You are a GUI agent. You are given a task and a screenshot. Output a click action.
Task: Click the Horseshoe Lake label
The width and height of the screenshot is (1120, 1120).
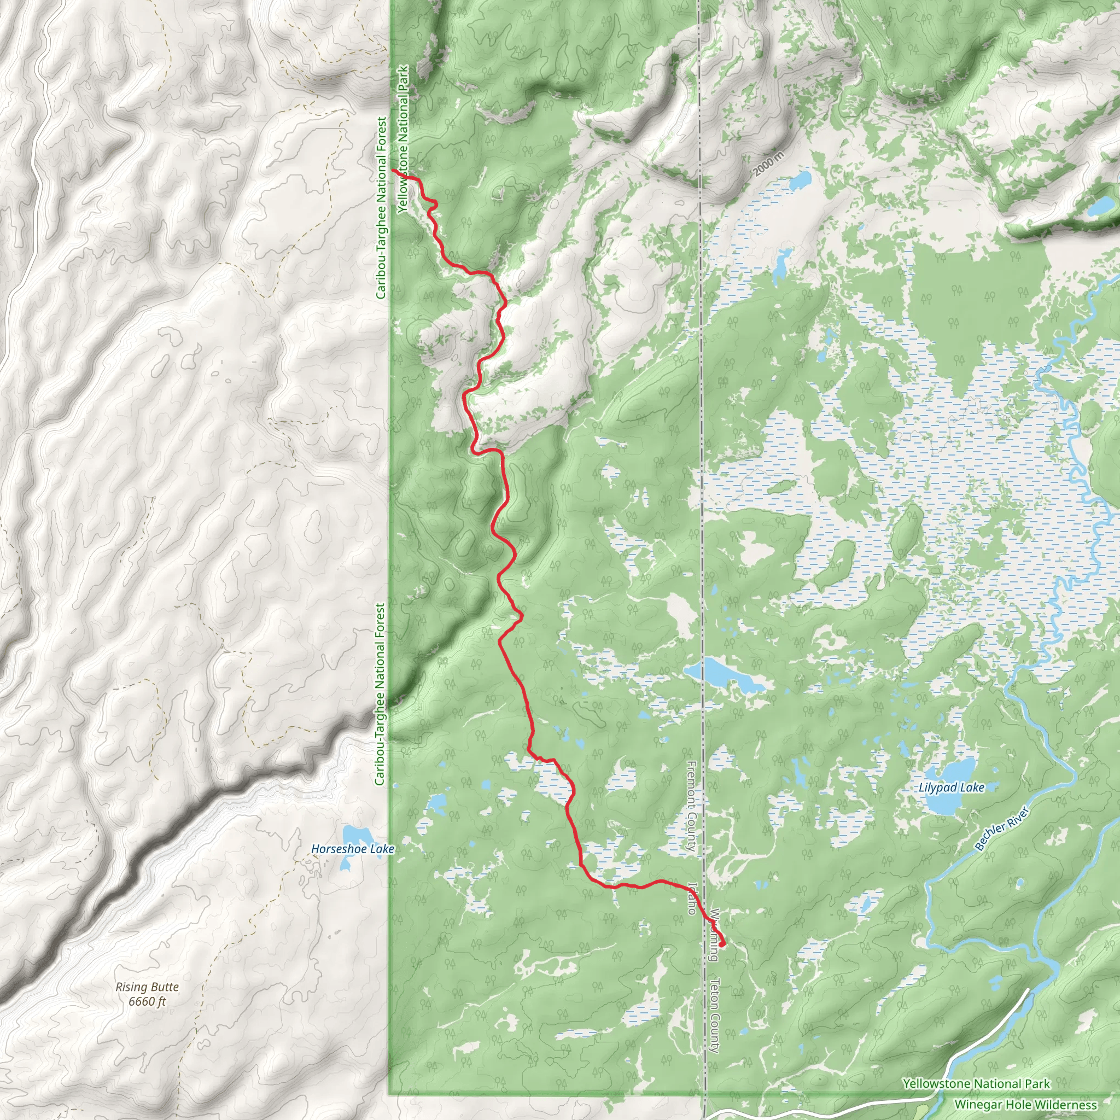point(353,849)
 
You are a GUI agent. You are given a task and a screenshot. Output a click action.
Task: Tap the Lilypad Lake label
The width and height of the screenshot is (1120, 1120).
point(952,787)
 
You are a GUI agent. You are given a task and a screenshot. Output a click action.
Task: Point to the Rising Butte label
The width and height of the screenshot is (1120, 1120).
point(147,987)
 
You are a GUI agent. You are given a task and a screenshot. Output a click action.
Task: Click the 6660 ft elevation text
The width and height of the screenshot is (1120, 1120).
point(147,1001)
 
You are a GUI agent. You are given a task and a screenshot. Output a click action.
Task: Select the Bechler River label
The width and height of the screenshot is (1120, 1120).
point(1001,829)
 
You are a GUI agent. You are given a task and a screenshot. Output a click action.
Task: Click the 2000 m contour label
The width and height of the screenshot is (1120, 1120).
point(769,164)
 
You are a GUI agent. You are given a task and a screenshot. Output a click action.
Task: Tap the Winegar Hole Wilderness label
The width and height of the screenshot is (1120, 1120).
point(1025,1105)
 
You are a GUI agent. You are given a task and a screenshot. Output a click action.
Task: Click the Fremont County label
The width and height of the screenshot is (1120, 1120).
point(692,806)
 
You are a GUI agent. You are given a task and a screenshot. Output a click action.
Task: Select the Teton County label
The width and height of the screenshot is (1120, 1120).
point(715,1016)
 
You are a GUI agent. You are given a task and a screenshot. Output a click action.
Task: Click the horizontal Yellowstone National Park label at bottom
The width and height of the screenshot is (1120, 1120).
point(976,1083)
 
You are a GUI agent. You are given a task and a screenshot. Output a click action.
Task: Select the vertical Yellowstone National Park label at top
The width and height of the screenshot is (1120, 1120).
point(404,139)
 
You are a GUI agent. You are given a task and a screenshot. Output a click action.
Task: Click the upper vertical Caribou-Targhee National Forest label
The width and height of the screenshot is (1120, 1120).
point(381,207)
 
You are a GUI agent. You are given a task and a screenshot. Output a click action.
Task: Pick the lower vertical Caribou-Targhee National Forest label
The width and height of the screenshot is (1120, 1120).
point(380,694)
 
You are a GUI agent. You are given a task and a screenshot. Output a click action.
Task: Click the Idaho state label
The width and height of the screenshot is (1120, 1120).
point(692,898)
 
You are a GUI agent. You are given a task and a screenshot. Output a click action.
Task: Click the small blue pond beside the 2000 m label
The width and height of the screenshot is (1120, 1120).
point(801,180)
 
